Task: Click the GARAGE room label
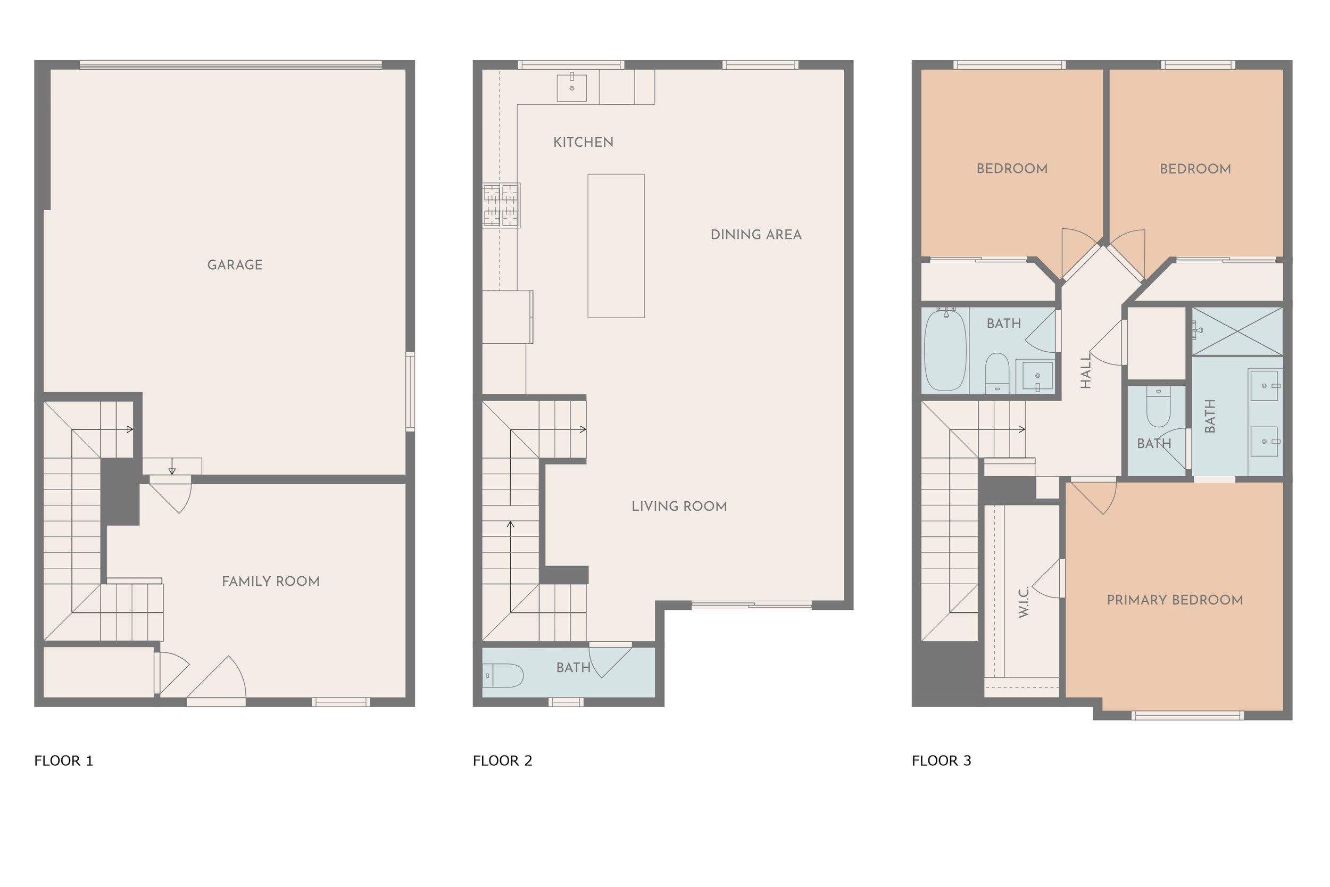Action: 235,265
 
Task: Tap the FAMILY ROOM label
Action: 271,581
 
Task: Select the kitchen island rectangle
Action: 616,245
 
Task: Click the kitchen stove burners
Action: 501,205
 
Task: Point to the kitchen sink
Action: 572,88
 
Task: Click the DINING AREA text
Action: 756,235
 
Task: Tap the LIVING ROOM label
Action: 679,507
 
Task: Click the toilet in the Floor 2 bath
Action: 503,675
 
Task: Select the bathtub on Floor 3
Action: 945,350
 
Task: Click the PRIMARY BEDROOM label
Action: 1175,600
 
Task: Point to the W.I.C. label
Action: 1024,602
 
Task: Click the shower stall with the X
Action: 1237,331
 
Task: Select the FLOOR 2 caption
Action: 503,761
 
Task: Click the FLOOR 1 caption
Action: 63,761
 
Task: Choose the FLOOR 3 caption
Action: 942,761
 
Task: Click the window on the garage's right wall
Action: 411,392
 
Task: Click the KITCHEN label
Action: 583,142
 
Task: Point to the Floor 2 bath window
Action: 566,702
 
